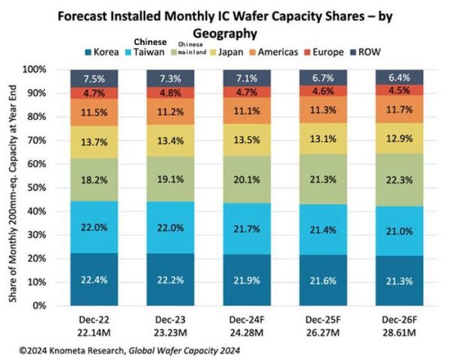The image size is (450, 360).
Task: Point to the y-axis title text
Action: [x=15, y=187]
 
